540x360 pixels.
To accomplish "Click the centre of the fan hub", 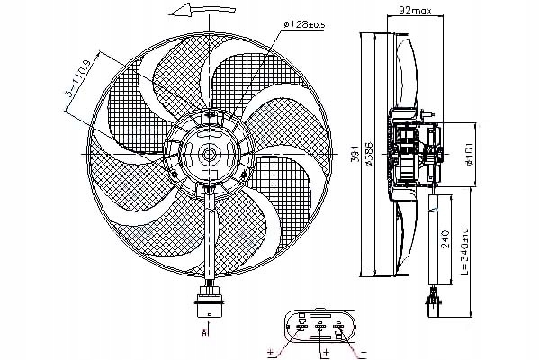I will [209, 154].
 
